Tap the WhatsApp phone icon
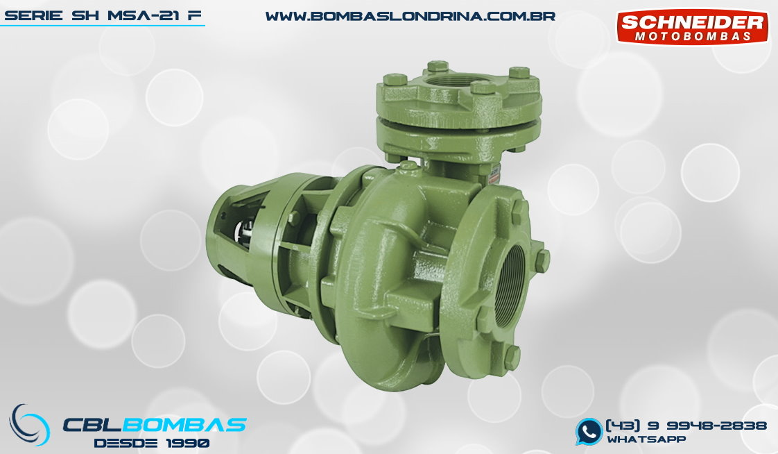coord(589,431)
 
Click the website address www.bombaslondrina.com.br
coord(410,17)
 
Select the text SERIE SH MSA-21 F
coord(103,16)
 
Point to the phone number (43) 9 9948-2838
coord(686,426)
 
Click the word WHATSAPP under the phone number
coord(646,439)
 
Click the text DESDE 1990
coord(152,443)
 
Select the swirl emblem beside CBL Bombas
coord(30,425)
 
